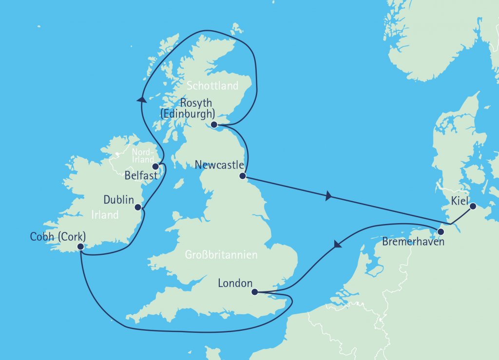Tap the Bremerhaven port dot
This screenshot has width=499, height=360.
(x=441, y=231)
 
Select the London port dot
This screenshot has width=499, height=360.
(x=254, y=292)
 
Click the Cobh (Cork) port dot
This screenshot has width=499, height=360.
(x=80, y=246)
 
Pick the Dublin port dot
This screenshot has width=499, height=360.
(x=138, y=207)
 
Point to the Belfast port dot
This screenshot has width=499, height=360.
(x=155, y=166)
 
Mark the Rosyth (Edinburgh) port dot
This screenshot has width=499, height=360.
(x=214, y=125)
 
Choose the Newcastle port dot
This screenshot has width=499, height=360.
(x=242, y=175)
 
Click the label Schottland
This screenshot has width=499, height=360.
(x=213, y=86)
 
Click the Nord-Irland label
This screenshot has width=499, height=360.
(x=143, y=156)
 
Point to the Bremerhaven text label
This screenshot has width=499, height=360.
(x=413, y=241)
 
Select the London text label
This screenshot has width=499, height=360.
(x=235, y=284)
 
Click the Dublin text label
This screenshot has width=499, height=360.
(x=118, y=200)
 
